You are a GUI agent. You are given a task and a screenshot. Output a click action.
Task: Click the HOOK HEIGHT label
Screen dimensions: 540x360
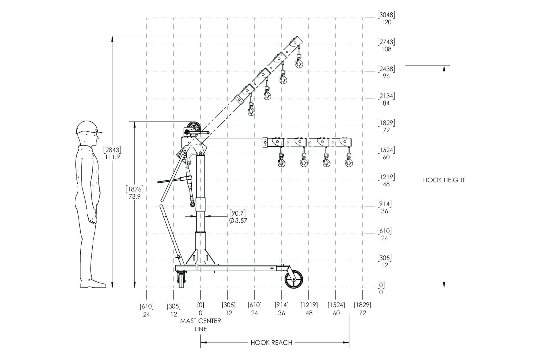444,180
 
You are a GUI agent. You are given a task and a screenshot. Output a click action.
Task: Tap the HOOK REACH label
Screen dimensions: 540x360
271,343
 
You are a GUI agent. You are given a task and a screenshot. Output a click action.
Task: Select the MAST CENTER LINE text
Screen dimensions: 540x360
200,325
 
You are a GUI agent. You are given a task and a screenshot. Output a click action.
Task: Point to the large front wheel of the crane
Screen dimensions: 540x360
294,279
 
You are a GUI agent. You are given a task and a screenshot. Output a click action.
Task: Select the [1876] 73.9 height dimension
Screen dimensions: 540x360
134,193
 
